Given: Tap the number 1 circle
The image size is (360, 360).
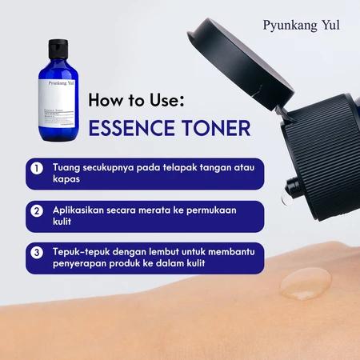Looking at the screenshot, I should tap(37, 170).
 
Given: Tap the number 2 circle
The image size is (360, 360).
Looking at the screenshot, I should tap(37, 211).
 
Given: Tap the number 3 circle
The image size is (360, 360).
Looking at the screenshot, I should tap(37, 253).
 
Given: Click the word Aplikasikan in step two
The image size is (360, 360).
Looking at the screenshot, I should tap(83, 210).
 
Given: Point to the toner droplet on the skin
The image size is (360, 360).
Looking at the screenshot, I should tap(304, 282).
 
